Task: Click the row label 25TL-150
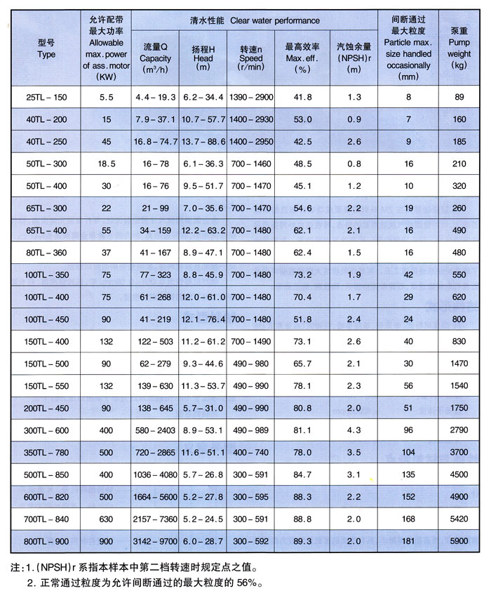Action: click(46, 95)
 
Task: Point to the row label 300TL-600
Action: click(46, 430)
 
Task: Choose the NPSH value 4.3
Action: click(354, 430)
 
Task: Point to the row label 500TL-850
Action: click(46, 474)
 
